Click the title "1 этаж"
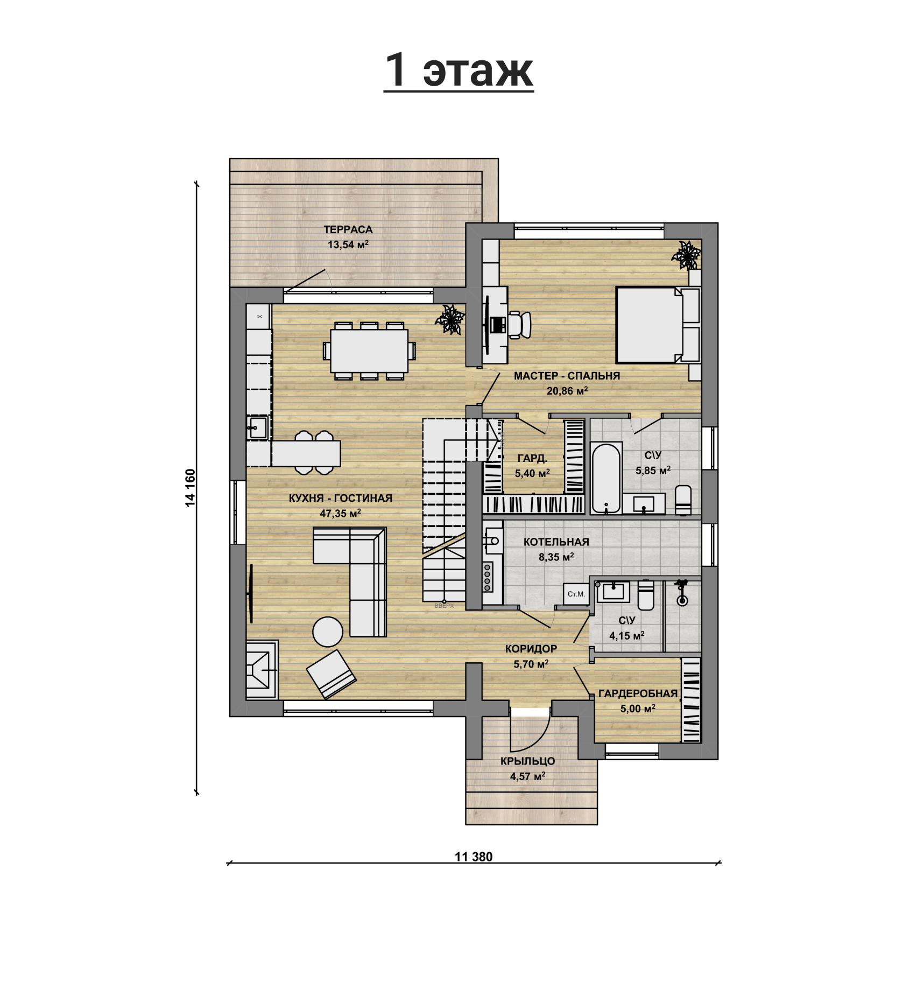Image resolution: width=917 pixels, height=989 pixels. (x=458, y=71)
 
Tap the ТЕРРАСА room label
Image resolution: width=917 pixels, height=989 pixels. (x=348, y=229)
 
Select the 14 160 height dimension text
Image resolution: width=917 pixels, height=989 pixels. (x=190, y=488)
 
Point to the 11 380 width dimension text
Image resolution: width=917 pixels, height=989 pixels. (x=474, y=857)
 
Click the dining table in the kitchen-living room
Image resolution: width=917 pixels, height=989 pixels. (x=369, y=351)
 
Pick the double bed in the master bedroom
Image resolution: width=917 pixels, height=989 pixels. (x=658, y=325)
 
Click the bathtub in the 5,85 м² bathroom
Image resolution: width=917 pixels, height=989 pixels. (x=606, y=478)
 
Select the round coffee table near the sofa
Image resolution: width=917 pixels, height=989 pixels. (x=328, y=631)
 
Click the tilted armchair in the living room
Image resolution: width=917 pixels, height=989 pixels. (x=331, y=675)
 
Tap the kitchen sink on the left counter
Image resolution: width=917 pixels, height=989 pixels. (x=258, y=428)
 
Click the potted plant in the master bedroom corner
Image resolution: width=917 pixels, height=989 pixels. (x=687, y=255)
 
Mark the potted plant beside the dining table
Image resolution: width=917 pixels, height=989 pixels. (x=450, y=319)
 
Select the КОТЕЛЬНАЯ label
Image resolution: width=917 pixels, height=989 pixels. (x=556, y=542)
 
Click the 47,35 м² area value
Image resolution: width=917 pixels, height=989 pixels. (x=340, y=513)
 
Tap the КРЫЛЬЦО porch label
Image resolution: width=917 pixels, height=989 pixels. (x=527, y=761)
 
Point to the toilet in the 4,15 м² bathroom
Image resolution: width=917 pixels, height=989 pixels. (x=646, y=594)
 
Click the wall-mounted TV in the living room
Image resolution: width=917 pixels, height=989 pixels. (x=250, y=593)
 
